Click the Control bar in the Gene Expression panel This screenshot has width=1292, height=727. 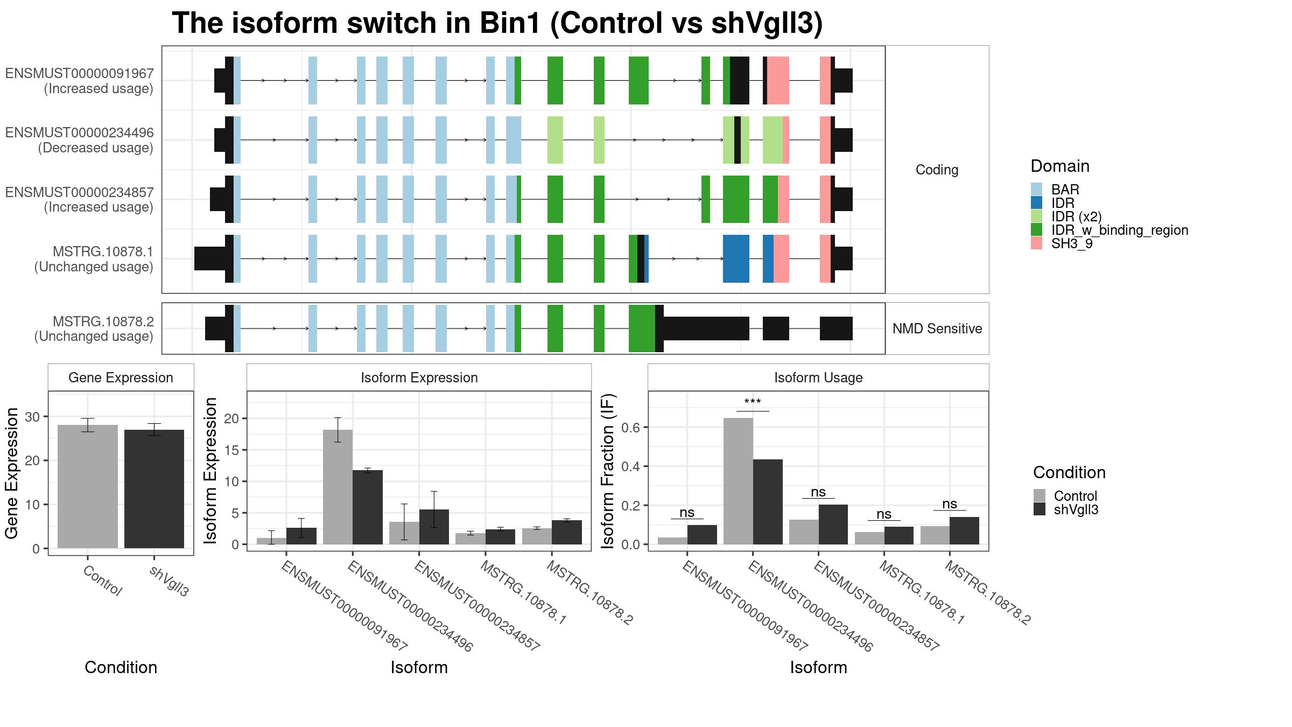pos(87,486)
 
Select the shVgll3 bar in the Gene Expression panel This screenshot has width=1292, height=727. pos(154,489)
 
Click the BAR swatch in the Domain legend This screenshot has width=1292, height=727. pos(1036,190)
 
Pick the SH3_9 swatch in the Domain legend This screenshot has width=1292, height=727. pos(1036,243)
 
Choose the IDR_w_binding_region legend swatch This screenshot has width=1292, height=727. pos(1036,230)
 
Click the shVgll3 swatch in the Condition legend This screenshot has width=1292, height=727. pos(1039,509)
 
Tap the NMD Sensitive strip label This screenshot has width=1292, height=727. pos(937,328)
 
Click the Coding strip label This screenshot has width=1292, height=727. pos(937,170)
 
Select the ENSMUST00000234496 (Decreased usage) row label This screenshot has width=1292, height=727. pos(80,140)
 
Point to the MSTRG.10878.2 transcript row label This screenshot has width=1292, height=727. pos(94,328)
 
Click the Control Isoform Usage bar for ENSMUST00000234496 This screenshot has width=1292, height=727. pos(738,481)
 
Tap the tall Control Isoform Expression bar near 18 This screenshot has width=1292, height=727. pos(338,487)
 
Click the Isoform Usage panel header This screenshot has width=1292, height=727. pos(818,378)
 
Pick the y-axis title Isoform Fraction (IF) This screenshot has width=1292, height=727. pos(608,472)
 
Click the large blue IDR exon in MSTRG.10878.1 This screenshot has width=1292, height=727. pos(736,258)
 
